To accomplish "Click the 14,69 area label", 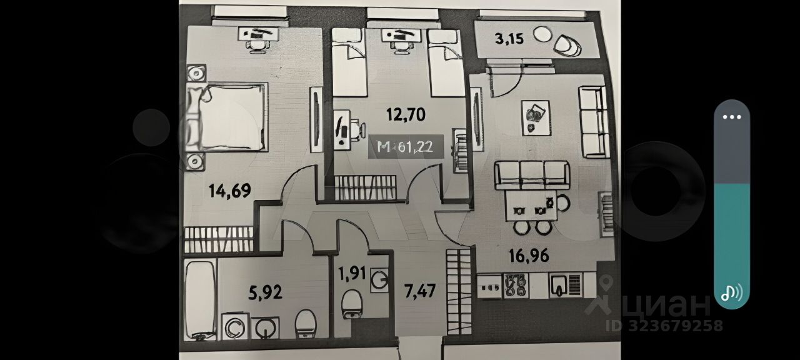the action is pos(230,191).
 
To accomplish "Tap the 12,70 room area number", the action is pos(406,114).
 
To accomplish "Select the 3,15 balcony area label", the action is pos(509,39).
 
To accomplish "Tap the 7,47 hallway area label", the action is pos(419,291).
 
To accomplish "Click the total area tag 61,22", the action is pos(406,147).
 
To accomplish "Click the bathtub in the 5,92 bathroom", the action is pos(200,300).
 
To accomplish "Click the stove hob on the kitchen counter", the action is pos(517,285).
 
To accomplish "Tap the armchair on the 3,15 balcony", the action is pos(567,45).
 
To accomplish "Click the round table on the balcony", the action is pos(542,34).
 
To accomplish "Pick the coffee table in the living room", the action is pos(535,117).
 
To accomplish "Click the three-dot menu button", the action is pos(732,117).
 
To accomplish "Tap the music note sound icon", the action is pos(731,292).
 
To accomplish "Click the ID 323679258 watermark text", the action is pos(664,326).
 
